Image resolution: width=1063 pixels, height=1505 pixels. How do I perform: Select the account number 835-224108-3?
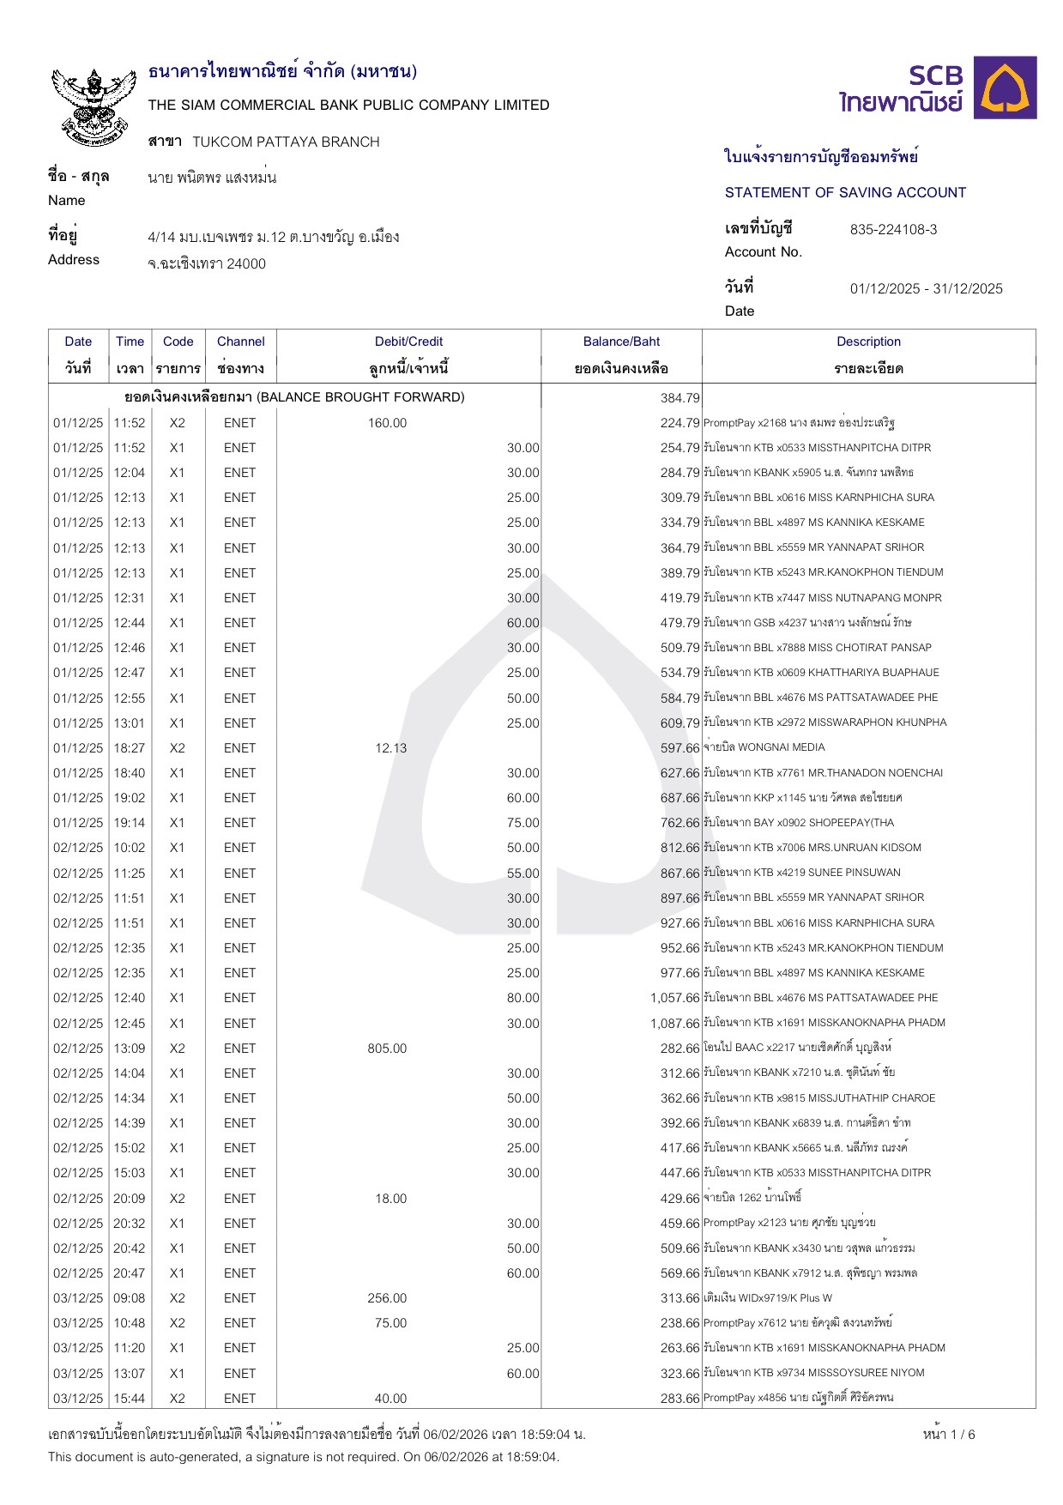pos(893,230)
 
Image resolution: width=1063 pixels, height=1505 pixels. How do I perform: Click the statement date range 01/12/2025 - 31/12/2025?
pos(926,289)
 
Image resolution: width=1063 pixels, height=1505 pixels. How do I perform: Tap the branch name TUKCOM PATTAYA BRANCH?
pos(286,142)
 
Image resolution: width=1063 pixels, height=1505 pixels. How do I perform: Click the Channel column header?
pos(240,341)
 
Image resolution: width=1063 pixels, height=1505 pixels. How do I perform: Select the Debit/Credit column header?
pos(408,341)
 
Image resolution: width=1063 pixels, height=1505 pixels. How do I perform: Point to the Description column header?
pos(868,341)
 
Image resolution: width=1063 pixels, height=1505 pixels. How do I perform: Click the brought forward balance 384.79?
pos(680,398)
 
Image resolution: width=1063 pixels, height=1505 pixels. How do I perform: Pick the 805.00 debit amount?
pos(387,1049)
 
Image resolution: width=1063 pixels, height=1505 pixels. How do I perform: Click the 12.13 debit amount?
pos(390,748)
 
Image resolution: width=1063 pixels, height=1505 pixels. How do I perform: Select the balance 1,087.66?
pos(674,1024)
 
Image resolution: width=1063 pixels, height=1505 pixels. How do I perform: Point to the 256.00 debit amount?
pos(387,1298)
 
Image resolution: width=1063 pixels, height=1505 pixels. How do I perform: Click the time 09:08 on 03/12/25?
pos(130,1298)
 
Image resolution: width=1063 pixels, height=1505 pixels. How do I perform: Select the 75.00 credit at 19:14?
pos(522,823)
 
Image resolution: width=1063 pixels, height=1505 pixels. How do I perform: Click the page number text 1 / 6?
pos(949,1435)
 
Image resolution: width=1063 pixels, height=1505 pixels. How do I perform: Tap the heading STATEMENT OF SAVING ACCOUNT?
pos(845,193)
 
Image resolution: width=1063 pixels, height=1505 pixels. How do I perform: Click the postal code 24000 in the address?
pos(246,264)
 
